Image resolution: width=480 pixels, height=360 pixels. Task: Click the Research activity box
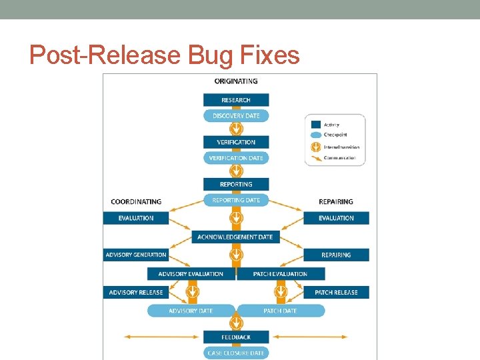236,100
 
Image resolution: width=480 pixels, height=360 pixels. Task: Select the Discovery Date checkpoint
236,116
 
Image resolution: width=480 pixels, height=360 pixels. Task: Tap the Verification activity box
236,142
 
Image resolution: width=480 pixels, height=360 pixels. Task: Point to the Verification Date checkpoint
236,158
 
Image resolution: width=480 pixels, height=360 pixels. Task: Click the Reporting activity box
236,184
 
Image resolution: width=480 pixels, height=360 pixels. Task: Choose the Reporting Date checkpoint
236,200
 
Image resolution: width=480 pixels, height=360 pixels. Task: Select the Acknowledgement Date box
235,237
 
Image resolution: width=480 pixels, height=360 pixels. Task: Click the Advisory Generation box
136,255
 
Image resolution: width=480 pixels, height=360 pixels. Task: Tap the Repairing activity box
336,255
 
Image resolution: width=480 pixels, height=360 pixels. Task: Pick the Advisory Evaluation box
191,274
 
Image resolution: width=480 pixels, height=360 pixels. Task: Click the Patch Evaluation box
281,274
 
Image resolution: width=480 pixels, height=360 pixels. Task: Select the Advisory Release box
136,292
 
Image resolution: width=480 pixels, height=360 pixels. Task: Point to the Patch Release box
336,292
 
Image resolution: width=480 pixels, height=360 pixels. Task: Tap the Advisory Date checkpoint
191,311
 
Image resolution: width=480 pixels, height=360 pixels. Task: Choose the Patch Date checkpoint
281,311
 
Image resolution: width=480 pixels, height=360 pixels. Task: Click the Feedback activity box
236,337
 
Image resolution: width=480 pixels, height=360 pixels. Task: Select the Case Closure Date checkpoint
236,353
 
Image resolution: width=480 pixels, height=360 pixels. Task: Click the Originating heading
236,81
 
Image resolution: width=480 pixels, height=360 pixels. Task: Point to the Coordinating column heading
136,201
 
